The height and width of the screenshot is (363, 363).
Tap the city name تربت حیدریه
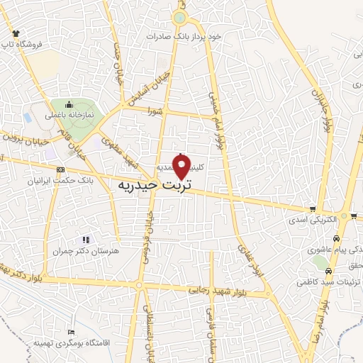tap(154, 186)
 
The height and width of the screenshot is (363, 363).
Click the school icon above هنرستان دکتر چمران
tap(86, 240)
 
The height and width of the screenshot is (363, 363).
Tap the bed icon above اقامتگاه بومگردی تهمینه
tap(69, 332)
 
